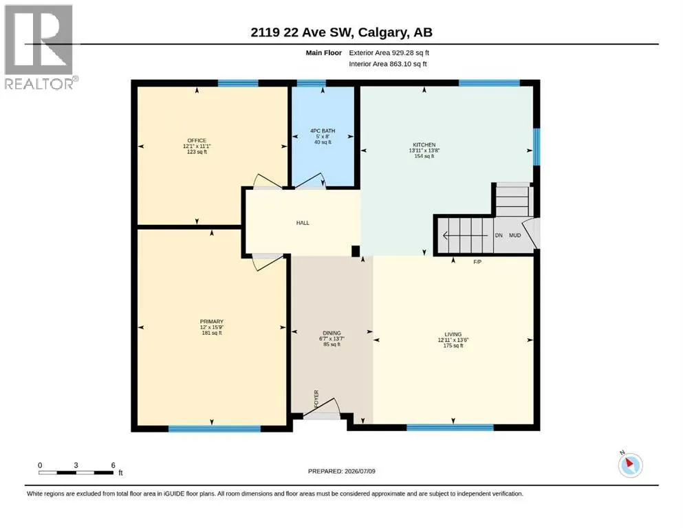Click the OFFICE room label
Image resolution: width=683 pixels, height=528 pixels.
coord(197,141)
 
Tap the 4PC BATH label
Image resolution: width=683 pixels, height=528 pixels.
coord(323,131)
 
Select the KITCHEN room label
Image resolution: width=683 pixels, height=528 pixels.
coord(424,144)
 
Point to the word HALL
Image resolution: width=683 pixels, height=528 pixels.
coord(303,223)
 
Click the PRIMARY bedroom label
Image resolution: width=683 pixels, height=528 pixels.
coord(212,322)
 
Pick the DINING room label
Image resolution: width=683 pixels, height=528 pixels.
coord(332,333)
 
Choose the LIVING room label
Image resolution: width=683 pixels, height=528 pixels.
coord(453,334)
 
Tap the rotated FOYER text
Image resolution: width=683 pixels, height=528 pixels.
coord(316,399)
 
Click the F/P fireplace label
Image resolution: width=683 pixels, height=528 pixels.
coord(477,262)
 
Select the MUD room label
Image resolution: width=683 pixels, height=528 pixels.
coord(515,235)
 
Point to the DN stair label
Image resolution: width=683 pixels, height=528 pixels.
coord(499,235)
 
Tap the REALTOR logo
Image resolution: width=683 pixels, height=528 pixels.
coord(40,47)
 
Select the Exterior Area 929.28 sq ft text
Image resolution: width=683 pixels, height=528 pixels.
coord(389,53)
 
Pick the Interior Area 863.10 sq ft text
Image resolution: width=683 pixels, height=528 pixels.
coord(388,64)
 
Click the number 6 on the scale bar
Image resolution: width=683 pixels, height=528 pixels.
coord(113,465)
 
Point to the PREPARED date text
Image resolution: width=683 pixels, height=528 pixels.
coord(341,471)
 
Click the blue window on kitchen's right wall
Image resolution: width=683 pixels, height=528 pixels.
coord(536,146)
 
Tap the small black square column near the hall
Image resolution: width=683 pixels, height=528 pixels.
coord(356,251)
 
